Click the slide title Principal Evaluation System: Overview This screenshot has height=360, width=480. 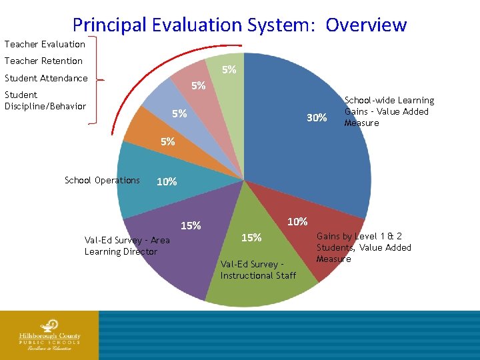pos(239,25)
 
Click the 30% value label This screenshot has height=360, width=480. pos(316,118)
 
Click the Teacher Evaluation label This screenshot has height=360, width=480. pos(45,44)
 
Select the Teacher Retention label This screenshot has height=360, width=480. pos(43,61)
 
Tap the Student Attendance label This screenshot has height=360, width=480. pos(46,78)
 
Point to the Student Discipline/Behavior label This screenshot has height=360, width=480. pos(45,101)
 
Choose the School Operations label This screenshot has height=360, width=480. pos(102,180)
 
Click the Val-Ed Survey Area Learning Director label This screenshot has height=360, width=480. pos(127,245)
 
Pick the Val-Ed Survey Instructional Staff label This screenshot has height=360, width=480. pos(258,270)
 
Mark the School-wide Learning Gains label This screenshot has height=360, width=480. pos(389,111)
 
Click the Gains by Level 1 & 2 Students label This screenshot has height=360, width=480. pos(363,247)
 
